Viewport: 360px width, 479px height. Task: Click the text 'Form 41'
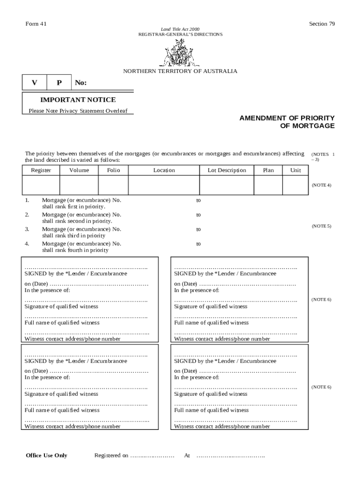[x=35, y=24]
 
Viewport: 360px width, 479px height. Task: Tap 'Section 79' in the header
[x=322, y=24]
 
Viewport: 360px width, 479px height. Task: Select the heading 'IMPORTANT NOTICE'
[x=78, y=100]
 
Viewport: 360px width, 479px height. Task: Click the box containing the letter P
[x=59, y=83]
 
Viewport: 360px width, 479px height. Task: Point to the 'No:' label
[x=81, y=83]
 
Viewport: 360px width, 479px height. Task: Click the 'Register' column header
[x=41, y=170]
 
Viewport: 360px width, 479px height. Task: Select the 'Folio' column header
[x=114, y=170]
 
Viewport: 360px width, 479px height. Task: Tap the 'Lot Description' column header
[x=227, y=170]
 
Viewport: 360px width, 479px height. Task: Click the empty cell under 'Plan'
[x=268, y=185]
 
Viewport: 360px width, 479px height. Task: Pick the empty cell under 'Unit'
[x=295, y=185]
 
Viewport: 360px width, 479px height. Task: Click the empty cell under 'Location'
[x=164, y=185]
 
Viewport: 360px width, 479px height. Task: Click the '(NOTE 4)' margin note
[x=321, y=185]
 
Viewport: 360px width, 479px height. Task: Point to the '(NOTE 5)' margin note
[x=321, y=226]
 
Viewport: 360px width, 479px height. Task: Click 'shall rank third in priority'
[x=73, y=236]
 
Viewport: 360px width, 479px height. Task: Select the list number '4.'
[x=27, y=244]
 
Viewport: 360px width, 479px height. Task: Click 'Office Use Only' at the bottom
[x=47, y=456]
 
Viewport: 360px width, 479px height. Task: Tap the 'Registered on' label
[x=111, y=456]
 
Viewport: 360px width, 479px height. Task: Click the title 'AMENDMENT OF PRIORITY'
[x=287, y=118]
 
